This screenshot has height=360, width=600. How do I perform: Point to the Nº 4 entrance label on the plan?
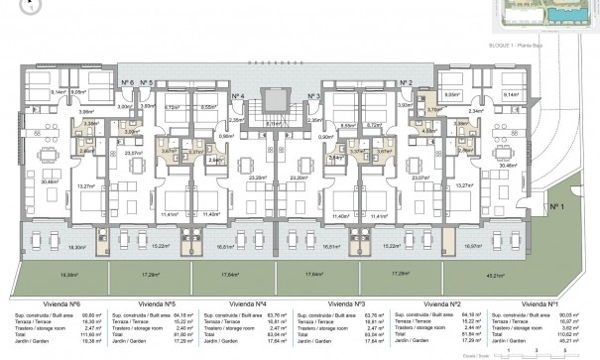click(238, 96)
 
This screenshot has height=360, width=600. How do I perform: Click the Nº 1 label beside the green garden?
click(556, 210)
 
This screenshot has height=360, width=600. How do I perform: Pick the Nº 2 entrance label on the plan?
click(405, 83)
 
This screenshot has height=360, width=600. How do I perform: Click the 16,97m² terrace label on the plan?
click(472, 246)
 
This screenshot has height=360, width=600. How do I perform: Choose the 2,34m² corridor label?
click(477, 111)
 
